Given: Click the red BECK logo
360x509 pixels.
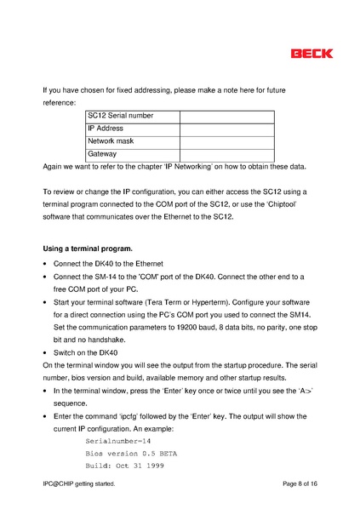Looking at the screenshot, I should coord(311,53).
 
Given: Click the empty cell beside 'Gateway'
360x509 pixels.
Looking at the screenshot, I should coord(226,154).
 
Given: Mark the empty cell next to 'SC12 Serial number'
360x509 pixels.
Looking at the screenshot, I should coord(226,116).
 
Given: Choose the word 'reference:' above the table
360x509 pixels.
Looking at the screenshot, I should coord(60,102).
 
